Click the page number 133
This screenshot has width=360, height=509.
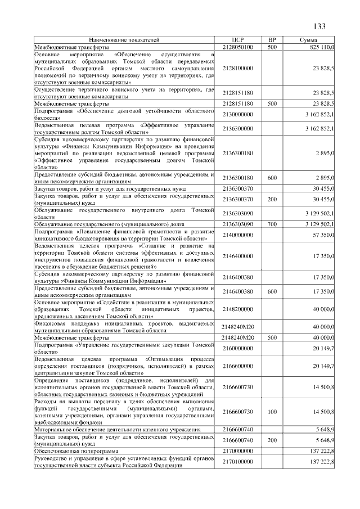click(319, 26)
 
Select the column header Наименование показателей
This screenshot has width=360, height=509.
click(124, 40)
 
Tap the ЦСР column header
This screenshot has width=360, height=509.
click(237, 40)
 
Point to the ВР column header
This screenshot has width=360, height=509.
click(272, 40)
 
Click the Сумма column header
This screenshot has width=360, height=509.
click(309, 40)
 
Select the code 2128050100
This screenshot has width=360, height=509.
click(237, 47)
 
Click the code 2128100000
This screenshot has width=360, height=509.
click(237, 68)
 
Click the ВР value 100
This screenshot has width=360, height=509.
click(272, 412)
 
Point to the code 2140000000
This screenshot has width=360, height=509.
click(237, 235)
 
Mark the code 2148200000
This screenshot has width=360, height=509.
click(237, 309)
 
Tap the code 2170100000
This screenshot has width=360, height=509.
click(237, 462)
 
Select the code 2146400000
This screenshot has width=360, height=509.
click(237, 256)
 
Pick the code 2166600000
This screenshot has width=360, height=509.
click(237, 366)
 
